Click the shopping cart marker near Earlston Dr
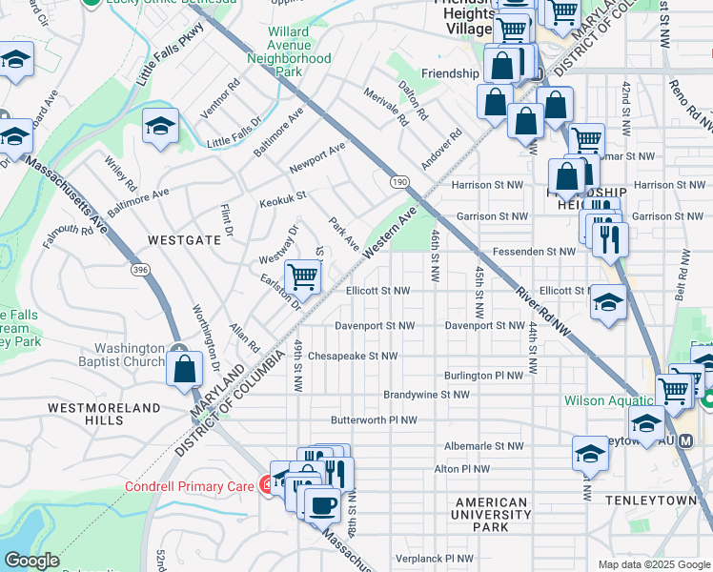(x=302, y=277)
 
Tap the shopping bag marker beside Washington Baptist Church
(x=184, y=367)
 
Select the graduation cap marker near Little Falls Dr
(x=160, y=126)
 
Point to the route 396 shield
(x=141, y=272)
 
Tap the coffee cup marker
(x=321, y=502)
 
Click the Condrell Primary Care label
(x=189, y=486)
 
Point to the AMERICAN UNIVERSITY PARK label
(x=491, y=515)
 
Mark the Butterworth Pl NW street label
(x=374, y=419)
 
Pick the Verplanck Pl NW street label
(x=434, y=557)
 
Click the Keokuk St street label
(x=282, y=199)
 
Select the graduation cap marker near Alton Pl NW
(x=590, y=455)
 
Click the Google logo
(x=31, y=561)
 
